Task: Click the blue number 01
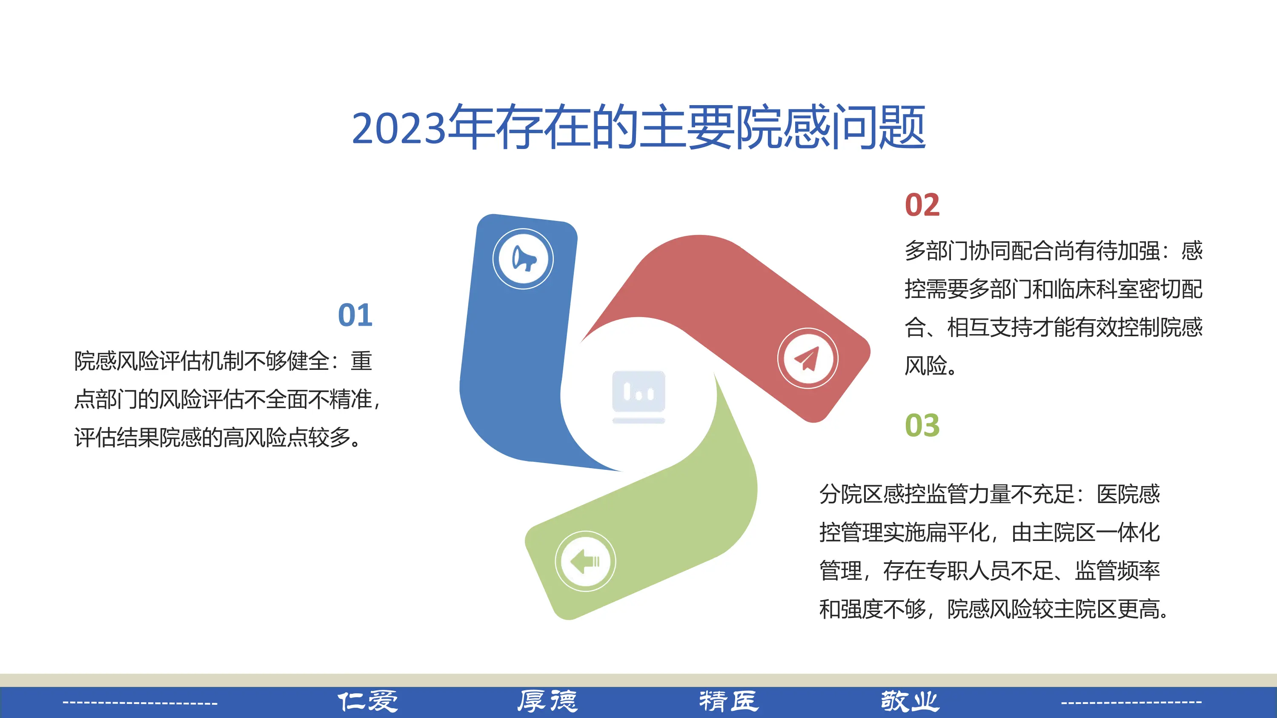tap(355, 315)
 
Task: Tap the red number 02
tap(922, 205)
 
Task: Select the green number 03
tap(922, 425)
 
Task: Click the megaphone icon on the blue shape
tap(523, 259)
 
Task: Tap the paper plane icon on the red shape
tap(807, 358)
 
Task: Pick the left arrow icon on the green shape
tap(585, 561)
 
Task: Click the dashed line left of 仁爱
tap(140, 703)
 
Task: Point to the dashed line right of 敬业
tap(1131, 702)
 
